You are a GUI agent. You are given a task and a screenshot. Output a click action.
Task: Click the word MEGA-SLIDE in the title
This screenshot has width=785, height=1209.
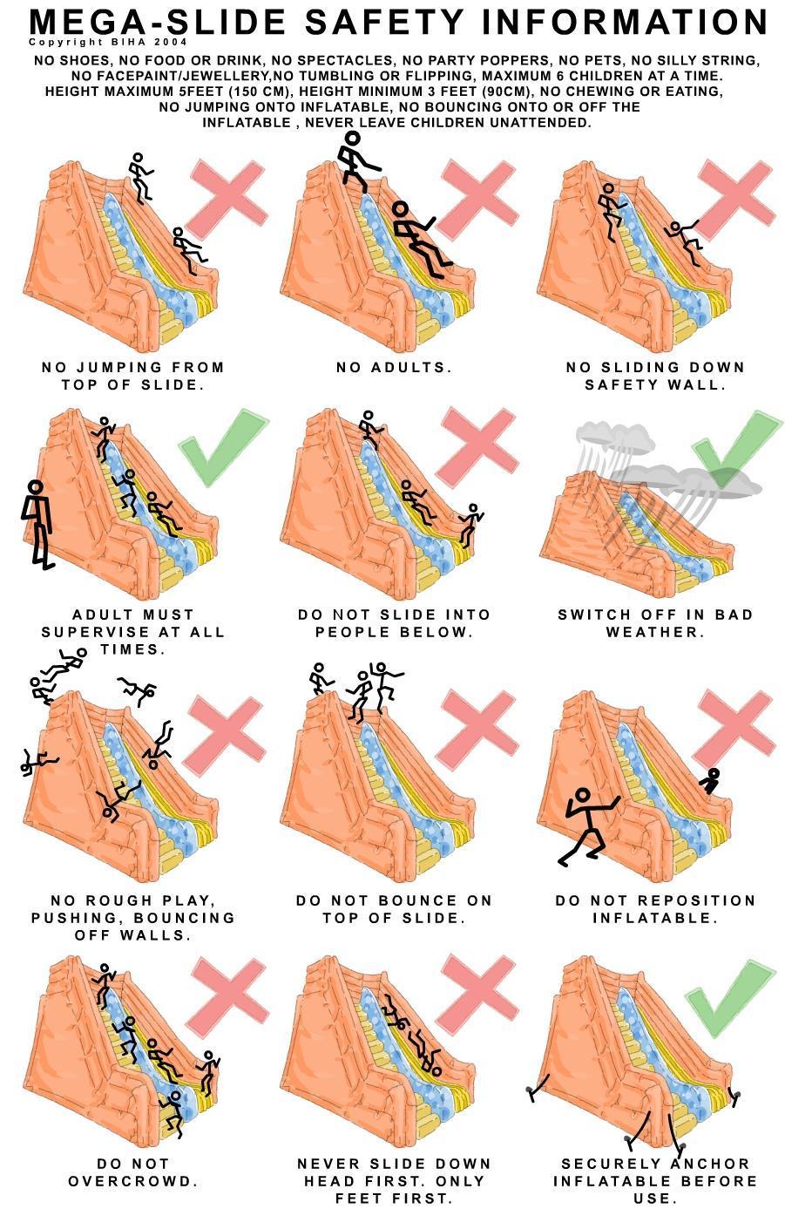coord(158,22)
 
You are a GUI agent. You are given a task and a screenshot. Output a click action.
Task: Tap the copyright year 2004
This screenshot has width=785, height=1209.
coord(171,42)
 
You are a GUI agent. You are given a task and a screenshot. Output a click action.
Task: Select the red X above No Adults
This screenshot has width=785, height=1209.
coord(477,200)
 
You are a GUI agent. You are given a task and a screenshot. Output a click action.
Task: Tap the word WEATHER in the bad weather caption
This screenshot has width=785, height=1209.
coord(655,631)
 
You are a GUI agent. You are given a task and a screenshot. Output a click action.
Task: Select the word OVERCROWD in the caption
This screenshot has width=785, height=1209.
coord(133,1181)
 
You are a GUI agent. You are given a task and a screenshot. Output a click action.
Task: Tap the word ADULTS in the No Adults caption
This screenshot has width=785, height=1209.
coord(410,368)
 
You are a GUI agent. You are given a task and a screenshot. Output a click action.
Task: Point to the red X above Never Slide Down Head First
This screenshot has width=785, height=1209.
coord(477,995)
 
